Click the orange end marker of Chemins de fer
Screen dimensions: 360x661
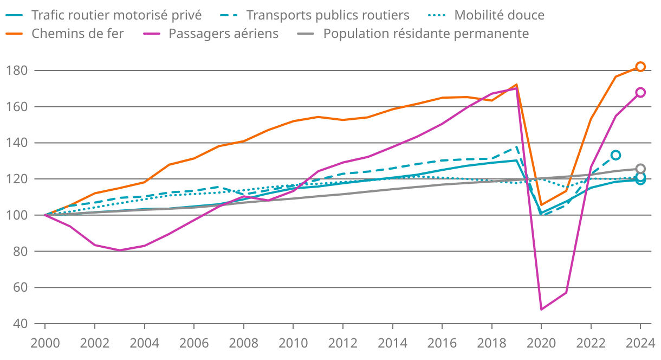(640, 67)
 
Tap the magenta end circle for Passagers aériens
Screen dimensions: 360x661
(640, 92)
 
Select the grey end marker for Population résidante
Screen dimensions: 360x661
(640, 169)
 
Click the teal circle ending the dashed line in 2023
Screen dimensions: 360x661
(615, 155)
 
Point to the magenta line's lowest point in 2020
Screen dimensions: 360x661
(541, 309)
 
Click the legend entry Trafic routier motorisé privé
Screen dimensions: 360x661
(116, 15)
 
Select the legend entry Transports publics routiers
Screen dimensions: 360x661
(328, 15)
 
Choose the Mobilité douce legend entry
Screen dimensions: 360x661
(499, 15)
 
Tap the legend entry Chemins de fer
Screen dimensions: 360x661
(77, 34)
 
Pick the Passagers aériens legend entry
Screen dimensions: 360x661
(223, 34)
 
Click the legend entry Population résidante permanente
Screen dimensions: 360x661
(426, 34)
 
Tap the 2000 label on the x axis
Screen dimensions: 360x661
(45, 343)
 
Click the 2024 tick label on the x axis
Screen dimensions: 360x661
(640, 343)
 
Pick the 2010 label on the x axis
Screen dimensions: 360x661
(293, 343)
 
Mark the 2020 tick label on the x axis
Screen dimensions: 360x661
(541, 343)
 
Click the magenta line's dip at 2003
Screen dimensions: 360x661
(120, 250)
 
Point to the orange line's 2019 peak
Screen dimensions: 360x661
(517, 85)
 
